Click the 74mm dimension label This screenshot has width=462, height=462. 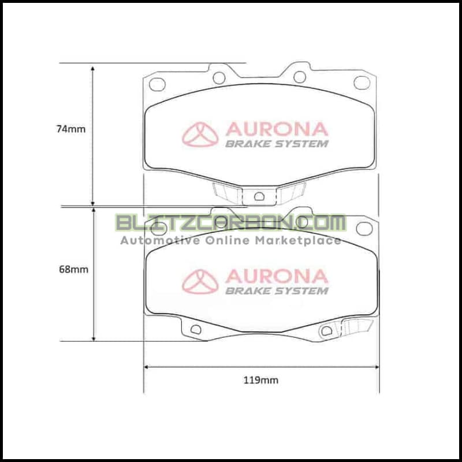(71, 129)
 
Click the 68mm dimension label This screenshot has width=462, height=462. (74, 269)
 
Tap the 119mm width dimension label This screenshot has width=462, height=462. (261, 380)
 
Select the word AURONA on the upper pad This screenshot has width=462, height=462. (277, 129)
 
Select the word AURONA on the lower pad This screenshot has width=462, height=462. (277, 277)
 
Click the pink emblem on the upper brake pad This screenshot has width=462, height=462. (200, 135)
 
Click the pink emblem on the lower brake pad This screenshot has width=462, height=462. (200, 282)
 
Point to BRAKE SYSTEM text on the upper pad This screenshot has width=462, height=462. (277, 144)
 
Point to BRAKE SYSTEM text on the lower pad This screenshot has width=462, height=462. (277, 291)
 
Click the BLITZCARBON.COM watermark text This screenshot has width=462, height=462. (230, 223)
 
